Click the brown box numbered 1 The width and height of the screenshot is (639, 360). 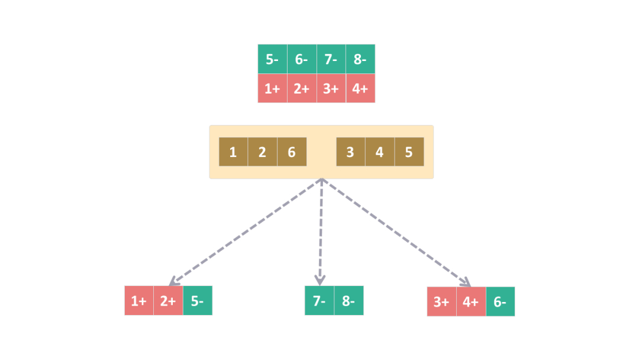click(233, 152)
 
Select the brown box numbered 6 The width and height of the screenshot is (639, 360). click(292, 152)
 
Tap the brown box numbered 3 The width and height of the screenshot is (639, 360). click(350, 152)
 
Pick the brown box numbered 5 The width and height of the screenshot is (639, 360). click(409, 152)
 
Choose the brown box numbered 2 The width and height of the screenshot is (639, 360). click(262, 152)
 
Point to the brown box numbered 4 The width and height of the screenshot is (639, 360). click(379, 152)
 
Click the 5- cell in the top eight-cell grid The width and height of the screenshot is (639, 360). click(272, 59)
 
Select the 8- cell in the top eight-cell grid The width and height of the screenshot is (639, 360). click(360, 59)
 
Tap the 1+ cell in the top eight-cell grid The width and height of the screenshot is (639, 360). click(272, 89)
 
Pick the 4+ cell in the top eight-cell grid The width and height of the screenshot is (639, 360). click(360, 89)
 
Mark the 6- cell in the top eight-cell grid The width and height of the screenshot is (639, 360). click(302, 59)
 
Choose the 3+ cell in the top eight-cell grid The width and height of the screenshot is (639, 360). click(331, 89)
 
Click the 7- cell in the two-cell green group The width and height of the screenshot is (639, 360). click(319, 301)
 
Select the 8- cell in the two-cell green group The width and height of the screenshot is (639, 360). click(348, 301)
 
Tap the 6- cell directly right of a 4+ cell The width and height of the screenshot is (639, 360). click(500, 301)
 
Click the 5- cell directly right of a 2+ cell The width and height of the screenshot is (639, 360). click(198, 301)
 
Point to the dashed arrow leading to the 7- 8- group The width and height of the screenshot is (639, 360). click(320, 231)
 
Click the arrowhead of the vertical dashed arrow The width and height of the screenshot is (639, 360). click(320, 279)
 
